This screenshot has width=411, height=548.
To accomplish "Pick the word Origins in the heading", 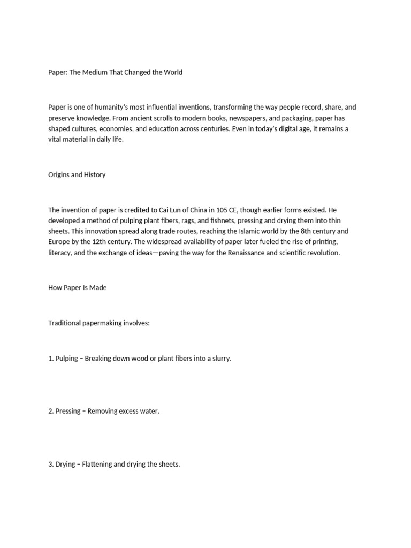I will point(60,174).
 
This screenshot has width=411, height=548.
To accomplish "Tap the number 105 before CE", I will point(223,210).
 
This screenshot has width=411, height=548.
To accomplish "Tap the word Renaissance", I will point(243,253).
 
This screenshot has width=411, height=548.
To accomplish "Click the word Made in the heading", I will point(98,287).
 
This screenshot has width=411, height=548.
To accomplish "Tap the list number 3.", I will point(51,464).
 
